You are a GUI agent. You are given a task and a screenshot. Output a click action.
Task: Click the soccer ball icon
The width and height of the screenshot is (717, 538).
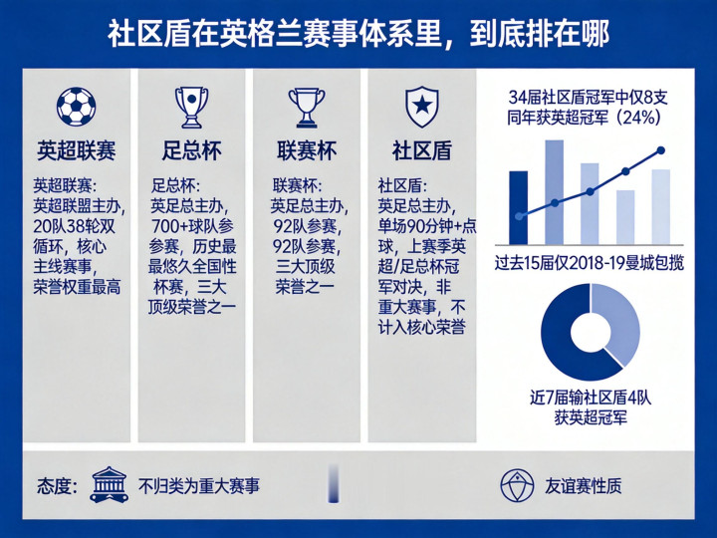(77, 107)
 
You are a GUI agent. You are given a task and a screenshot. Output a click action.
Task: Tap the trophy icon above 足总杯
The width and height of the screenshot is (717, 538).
(191, 107)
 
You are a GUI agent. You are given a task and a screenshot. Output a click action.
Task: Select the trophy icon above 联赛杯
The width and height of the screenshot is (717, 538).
(307, 108)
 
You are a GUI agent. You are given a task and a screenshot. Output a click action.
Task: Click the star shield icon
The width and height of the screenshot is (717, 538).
(422, 108)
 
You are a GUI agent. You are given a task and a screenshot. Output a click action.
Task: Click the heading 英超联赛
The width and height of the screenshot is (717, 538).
(77, 150)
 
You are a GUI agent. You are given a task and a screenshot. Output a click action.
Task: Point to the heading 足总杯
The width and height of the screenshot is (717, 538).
(191, 150)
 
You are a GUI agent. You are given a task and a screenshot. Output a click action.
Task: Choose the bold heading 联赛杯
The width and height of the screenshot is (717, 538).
(307, 150)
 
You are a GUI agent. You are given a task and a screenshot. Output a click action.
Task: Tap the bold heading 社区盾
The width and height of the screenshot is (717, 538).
(422, 150)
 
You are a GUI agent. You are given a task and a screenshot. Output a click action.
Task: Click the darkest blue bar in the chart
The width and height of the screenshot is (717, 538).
(519, 207)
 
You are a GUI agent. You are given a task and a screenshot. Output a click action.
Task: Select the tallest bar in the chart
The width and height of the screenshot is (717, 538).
(555, 192)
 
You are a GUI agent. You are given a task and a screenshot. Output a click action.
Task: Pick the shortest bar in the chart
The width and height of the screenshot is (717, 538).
(625, 217)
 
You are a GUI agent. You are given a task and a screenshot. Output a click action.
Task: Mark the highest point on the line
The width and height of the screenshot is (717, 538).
(661, 150)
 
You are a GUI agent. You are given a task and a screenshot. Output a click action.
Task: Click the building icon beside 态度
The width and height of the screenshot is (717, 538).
(109, 485)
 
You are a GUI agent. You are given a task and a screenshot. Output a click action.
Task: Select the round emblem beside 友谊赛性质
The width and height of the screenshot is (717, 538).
(517, 485)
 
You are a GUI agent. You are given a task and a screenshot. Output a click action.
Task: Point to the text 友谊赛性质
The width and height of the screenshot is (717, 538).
(583, 486)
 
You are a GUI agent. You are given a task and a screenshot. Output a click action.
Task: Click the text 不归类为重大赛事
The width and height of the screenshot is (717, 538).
(199, 486)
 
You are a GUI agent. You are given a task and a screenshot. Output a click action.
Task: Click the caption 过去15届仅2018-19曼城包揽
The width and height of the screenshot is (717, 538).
(590, 263)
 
